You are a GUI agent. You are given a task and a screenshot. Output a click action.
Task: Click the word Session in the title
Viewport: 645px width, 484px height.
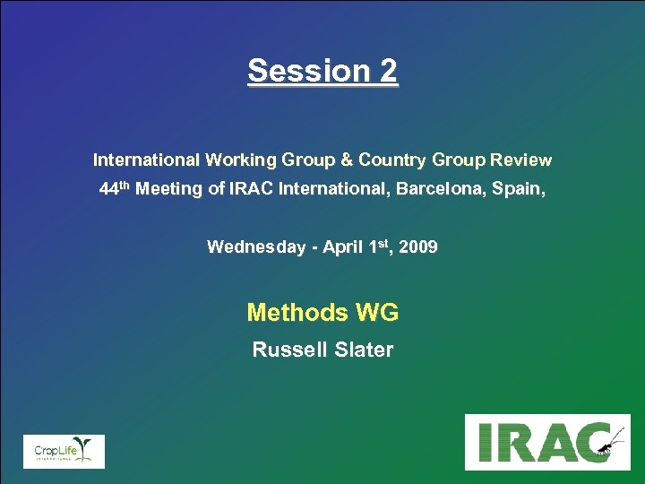[x=304, y=70]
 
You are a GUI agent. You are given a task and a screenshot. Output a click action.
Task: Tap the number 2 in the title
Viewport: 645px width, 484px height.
[x=387, y=70]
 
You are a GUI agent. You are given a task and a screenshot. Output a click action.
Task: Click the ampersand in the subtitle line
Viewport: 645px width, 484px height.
[x=346, y=160]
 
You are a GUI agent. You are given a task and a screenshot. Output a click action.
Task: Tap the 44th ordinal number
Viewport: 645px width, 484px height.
[x=115, y=190]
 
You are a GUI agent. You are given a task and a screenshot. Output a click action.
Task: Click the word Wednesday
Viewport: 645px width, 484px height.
[x=255, y=247]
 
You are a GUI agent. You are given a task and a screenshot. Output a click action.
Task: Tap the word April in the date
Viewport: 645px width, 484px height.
[x=342, y=247]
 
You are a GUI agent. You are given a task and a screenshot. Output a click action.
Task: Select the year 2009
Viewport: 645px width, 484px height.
[x=418, y=247]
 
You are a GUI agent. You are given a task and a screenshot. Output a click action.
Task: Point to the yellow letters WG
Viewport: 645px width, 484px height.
[x=377, y=313]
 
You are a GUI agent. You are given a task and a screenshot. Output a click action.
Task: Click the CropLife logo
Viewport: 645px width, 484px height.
[x=64, y=451]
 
